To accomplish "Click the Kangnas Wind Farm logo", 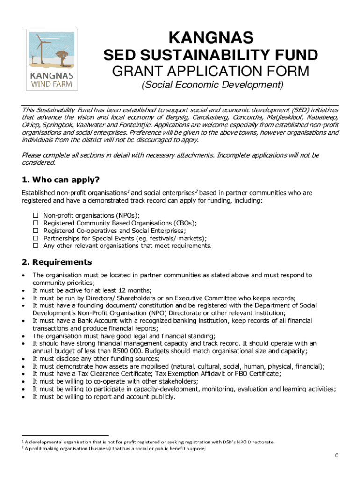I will click(x=51, y=60).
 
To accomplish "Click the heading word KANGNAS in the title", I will click(x=211, y=37).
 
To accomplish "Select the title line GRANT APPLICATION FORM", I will click(x=211, y=72).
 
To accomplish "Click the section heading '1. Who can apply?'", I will click(x=61, y=180).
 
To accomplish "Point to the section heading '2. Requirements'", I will click(x=57, y=262).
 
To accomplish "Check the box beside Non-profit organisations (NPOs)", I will click(x=35, y=215).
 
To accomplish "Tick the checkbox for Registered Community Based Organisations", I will click(x=35, y=223).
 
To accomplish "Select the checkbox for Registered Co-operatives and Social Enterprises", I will click(x=35, y=230).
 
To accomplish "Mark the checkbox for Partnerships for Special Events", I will click(x=35, y=238).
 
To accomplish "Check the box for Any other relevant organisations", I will click(x=35, y=246).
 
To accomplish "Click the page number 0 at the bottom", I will click(x=336, y=456).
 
